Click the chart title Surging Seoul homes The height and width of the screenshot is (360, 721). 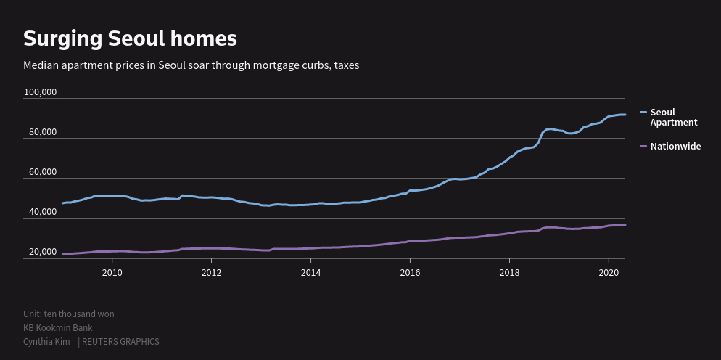click(130, 38)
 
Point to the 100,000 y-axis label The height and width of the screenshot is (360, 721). click(40, 92)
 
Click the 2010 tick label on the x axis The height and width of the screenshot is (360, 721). click(112, 272)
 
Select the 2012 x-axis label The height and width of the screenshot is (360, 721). click(211, 272)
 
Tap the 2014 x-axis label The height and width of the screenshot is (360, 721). click(310, 272)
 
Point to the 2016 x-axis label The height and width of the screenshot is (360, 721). click(410, 272)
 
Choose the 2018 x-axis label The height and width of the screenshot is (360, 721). click(509, 272)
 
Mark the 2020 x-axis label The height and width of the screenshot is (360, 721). click(609, 272)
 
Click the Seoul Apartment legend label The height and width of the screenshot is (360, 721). click(673, 117)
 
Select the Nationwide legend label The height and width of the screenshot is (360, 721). click(675, 147)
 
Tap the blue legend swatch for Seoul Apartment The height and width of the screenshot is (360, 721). click(643, 112)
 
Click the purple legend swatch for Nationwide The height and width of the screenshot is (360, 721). click(643, 147)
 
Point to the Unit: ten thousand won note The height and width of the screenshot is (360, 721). click(68, 314)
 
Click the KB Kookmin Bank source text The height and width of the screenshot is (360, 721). click(58, 328)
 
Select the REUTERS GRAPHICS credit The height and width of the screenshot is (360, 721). click(120, 342)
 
